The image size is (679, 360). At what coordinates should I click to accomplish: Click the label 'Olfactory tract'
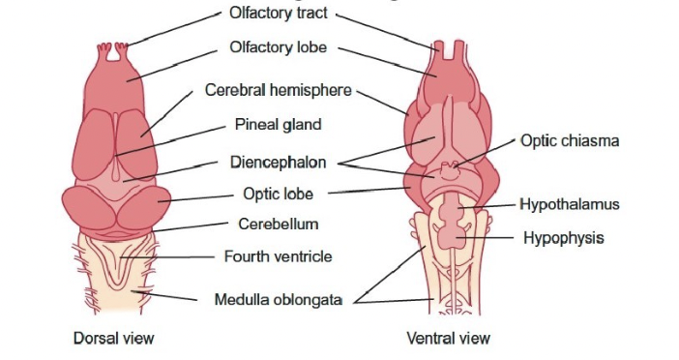pos(278,15)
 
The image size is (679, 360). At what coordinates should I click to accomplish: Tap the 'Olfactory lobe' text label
pos(278,46)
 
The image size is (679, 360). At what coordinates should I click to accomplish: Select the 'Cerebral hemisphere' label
pos(280,90)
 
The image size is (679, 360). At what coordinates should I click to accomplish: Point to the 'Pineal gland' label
pos(278,125)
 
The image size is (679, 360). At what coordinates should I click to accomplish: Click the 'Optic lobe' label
pos(278,193)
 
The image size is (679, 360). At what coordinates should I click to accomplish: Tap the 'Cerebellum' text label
pos(278,225)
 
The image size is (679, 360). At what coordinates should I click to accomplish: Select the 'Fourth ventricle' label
pos(278,256)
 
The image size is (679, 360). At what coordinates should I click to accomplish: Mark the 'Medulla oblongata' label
pos(278,299)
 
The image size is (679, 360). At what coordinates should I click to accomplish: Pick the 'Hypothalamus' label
pos(569,204)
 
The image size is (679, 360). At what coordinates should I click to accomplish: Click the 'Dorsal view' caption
pos(114,338)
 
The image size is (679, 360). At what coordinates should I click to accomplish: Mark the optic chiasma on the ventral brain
pos(449,171)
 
